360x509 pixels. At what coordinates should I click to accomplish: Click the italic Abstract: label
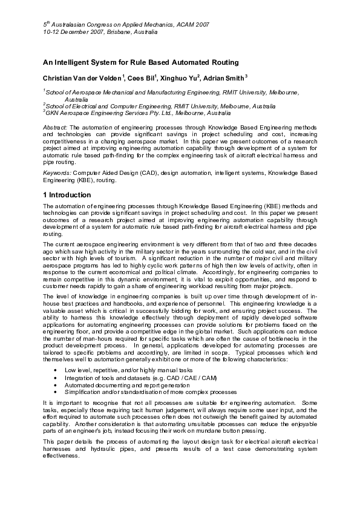pyautogui.click(x=56, y=128)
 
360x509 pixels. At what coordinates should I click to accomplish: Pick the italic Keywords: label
pyautogui.click(x=57, y=173)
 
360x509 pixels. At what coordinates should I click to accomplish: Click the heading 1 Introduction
pyautogui.click(x=67, y=195)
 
